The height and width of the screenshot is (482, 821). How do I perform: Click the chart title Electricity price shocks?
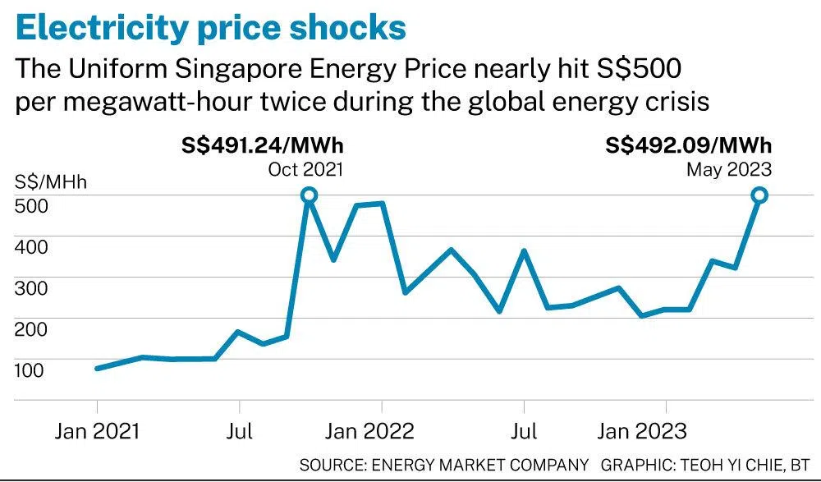(x=211, y=27)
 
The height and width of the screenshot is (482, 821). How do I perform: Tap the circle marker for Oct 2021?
(x=310, y=195)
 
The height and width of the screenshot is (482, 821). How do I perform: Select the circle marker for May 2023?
(x=759, y=195)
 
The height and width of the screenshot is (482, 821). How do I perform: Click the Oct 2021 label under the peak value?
(x=305, y=169)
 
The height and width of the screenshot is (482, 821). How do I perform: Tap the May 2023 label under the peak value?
(x=729, y=169)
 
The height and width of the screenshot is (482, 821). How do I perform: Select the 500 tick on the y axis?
(x=30, y=205)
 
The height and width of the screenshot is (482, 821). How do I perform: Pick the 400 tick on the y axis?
(x=30, y=246)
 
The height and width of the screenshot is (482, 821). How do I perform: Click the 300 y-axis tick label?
(x=30, y=287)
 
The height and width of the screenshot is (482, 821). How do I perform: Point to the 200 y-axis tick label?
(x=30, y=328)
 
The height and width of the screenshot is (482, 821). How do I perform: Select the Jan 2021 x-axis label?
(x=97, y=431)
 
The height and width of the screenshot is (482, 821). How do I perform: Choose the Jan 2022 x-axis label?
(x=381, y=431)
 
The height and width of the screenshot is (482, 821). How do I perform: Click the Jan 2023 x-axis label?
(x=665, y=431)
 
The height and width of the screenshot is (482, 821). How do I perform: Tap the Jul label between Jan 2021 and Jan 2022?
(x=239, y=431)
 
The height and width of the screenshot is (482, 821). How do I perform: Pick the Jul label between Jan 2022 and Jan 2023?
(x=523, y=431)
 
